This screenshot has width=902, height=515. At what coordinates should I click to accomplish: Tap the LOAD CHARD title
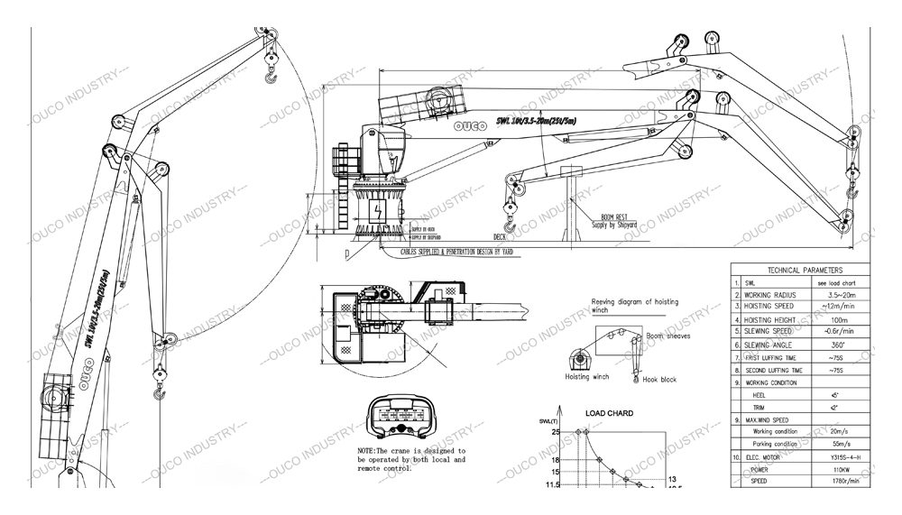(609, 414)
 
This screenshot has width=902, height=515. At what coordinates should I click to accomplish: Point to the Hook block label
(660, 381)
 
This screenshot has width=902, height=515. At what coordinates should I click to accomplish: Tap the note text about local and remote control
(411, 459)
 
